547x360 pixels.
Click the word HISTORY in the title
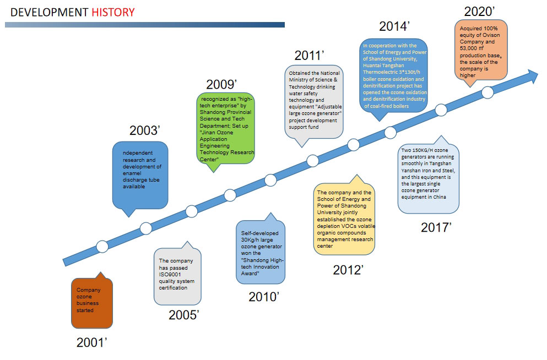coord(113,13)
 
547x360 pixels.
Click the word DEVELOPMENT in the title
coord(49,13)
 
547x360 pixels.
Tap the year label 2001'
coord(92,342)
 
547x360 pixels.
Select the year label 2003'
coord(145,130)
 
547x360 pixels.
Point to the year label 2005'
coord(184,315)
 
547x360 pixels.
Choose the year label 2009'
coord(221,84)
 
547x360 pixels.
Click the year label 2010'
coord(264,297)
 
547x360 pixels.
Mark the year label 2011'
coord(310,56)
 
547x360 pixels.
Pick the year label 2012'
coord(348,270)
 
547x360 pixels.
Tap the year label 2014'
coord(394,26)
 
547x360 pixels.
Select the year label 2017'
coord(436,227)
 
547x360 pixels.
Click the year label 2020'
coord(479,12)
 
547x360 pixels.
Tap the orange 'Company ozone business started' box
coord(92,303)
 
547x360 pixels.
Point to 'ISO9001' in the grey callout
coord(170,275)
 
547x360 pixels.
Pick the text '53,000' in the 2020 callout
coord(468,48)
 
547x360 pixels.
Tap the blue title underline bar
coord(145,25)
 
